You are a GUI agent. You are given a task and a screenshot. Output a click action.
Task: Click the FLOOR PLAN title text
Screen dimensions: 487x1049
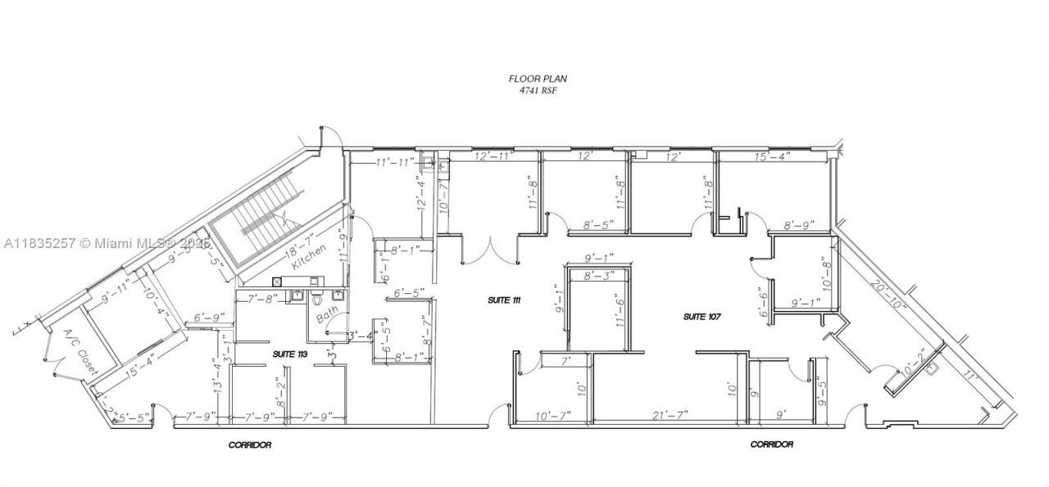coord(538,79)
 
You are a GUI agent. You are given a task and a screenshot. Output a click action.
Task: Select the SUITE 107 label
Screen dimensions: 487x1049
coord(701,316)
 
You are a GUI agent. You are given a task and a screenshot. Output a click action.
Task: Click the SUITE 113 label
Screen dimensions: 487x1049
coord(289,353)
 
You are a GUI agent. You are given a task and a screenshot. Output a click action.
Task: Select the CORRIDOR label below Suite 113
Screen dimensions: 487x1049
coord(249,445)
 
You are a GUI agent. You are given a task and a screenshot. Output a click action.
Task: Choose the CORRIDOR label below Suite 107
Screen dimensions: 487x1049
coord(771,444)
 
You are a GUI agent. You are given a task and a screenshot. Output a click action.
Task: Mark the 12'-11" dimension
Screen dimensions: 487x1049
coord(494,156)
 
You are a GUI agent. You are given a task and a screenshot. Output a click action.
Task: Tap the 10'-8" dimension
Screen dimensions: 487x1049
coord(825,274)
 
